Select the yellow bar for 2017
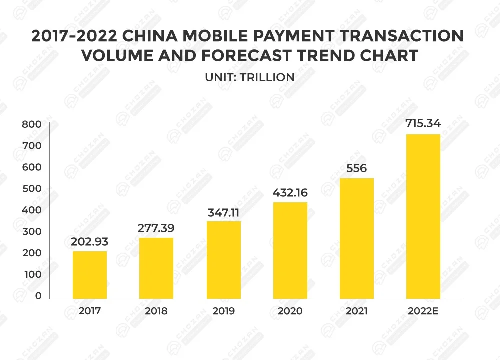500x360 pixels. [x=90, y=275]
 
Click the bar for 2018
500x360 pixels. [x=156, y=268]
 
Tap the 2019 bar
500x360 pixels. [x=223, y=260]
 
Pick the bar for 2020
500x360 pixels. [x=290, y=250]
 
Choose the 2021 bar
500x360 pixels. [x=357, y=238]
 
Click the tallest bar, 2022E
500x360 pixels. [x=423, y=216]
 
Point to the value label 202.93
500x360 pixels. [x=90, y=242]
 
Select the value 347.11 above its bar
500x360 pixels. [x=223, y=212]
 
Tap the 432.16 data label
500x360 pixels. [x=290, y=193]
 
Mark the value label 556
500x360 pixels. [x=357, y=168]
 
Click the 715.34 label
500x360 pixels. [x=423, y=123]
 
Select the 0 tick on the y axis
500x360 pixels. [x=38, y=296]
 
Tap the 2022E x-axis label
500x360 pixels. [x=423, y=311]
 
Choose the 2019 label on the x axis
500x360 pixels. [x=223, y=311]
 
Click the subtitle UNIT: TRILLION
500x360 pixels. [x=249, y=77]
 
